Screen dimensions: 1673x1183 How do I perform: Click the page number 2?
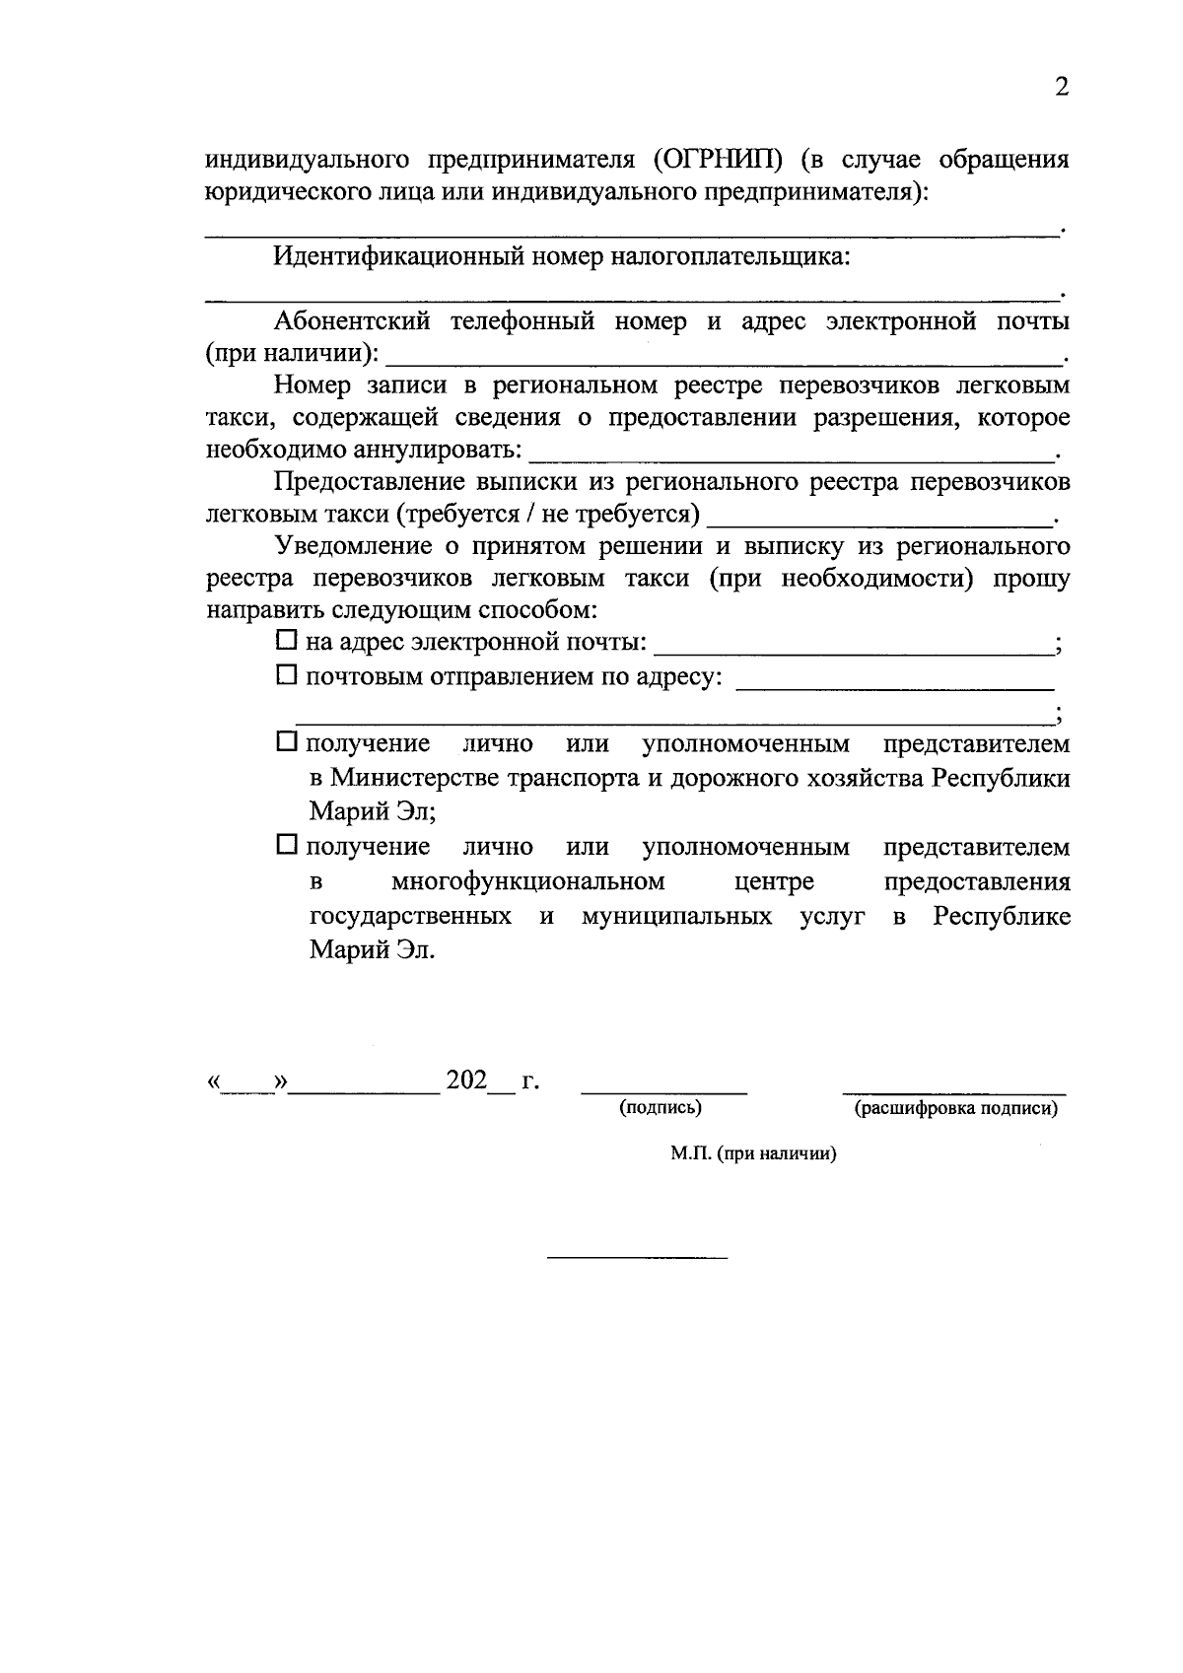click(x=1061, y=88)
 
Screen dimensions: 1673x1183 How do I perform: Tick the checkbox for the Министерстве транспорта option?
click(x=286, y=741)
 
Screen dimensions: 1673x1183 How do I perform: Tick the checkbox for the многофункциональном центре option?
click(x=286, y=845)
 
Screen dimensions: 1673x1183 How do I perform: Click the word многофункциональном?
click(x=527, y=880)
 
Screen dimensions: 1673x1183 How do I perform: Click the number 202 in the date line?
click(x=466, y=1080)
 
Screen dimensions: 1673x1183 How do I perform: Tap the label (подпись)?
click(x=661, y=1107)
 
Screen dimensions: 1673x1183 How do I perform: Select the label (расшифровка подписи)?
click(x=954, y=1108)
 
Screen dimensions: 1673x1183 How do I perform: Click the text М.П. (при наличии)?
click(x=753, y=1153)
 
